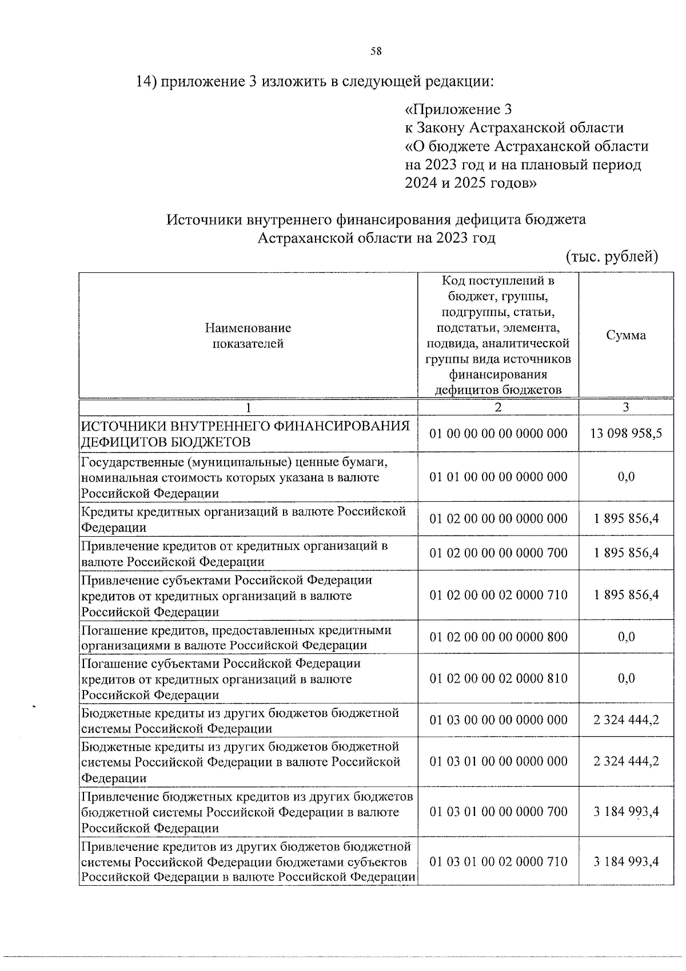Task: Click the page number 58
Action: pyautogui.click(x=376, y=51)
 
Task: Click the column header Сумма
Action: pyautogui.click(x=626, y=335)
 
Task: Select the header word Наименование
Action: pyautogui.click(x=248, y=328)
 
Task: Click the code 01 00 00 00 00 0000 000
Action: pyautogui.click(x=498, y=433)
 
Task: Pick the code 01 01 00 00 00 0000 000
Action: pyautogui.click(x=498, y=477)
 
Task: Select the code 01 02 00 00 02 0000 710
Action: pyautogui.click(x=498, y=595)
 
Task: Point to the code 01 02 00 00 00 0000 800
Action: pyautogui.click(x=498, y=637)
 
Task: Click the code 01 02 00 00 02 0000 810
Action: pyautogui.click(x=498, y=679)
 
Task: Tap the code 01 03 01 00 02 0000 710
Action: pyautogui.click(x=498, y=862)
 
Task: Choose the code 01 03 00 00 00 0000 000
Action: pyautogui.click(x=498, y=720)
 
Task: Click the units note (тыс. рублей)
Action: pyautogui.click(x=612, y=256)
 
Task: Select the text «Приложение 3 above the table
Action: pyautogui.click(x=458, y=109)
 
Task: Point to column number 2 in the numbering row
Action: pyautogui.click(x=498, y=407)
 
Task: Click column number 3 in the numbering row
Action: pyautogui.click(x=626, y=407)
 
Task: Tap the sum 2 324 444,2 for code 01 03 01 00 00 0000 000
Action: pyautogui.click(x=626, y=762)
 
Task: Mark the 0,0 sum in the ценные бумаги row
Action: pyautogui.click(x=626, y=477)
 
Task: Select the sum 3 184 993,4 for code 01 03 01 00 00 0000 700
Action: pyautogui.click(x=626, y=811)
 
